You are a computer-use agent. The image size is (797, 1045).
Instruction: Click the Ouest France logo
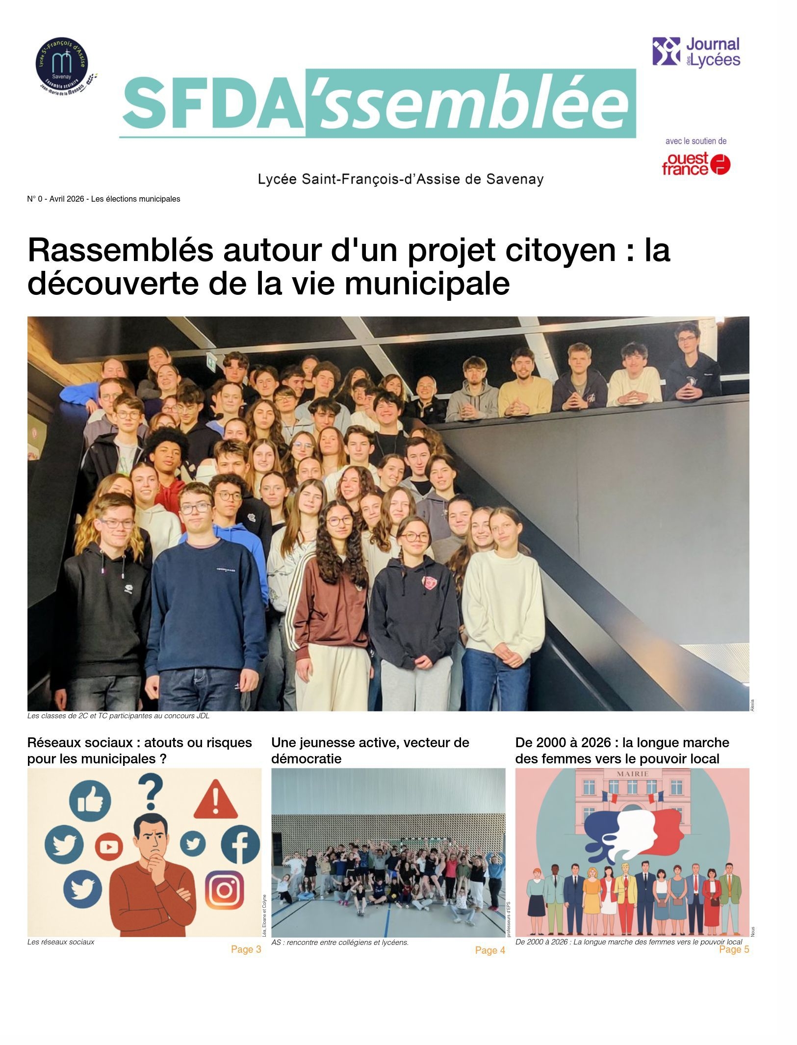[695, 164]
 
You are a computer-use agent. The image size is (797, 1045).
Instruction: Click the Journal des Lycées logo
[695, 52]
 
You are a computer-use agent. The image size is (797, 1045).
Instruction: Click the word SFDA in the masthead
[212, 104]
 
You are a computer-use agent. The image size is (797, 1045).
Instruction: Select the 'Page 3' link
[245, 949]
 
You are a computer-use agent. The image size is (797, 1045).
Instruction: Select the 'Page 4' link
[489, 950]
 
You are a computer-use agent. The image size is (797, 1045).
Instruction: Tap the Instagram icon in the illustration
[224, 889]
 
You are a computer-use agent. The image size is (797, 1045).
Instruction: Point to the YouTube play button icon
[109, 847]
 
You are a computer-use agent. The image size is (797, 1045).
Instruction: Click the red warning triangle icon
[215, 800]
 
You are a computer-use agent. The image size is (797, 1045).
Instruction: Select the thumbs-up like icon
[90, 801]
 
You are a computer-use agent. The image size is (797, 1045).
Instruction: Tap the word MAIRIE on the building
[632, 774]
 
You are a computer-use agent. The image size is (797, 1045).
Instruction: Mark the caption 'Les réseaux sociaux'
[61, 941]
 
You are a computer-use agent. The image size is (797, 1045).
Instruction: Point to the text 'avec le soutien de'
[695, 141]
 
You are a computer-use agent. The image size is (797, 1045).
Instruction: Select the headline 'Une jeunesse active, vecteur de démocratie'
[370, 750]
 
